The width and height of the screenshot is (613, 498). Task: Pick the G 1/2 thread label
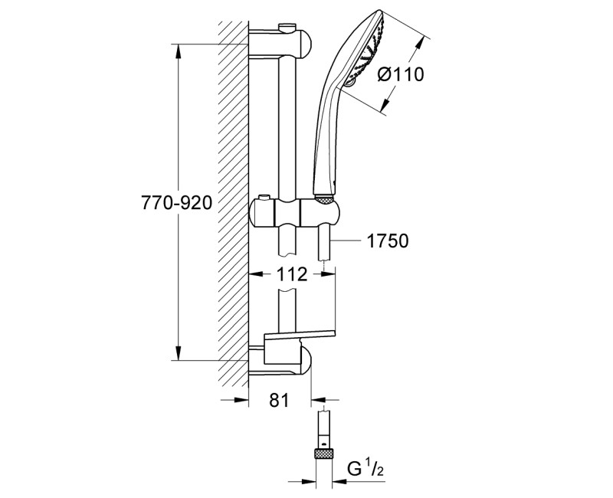[371, 468]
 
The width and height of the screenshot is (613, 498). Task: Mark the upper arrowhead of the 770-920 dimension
[178, 51]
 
